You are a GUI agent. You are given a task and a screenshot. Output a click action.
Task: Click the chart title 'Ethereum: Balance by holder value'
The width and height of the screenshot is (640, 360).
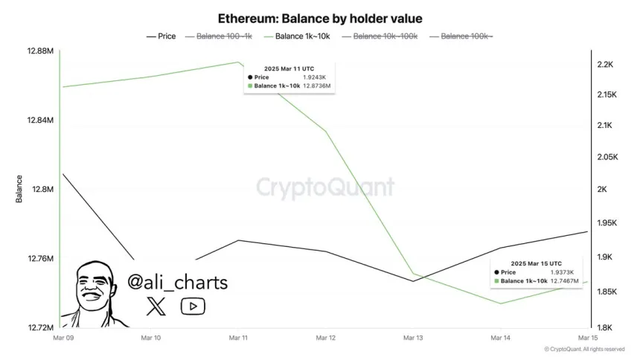(319, 18)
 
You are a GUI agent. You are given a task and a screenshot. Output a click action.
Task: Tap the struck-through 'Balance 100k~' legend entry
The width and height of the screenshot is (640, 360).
(467, 36)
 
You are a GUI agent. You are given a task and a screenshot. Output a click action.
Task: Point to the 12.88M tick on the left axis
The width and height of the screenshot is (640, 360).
(41, 51)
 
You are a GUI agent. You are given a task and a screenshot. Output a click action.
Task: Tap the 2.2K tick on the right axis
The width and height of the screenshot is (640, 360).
(605, 65)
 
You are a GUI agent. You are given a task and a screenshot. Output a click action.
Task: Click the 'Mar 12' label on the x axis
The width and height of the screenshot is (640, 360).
(325, 338)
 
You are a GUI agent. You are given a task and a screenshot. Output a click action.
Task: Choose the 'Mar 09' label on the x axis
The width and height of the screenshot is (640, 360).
(63, 338)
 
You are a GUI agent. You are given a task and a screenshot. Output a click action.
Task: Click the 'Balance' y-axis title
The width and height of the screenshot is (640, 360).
(19, 189)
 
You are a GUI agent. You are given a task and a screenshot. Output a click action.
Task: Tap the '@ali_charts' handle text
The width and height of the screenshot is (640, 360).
(177, 282)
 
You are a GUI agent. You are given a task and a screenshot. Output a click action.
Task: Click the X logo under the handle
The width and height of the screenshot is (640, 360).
(156, 305)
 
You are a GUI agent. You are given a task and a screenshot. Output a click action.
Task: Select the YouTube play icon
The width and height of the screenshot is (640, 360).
(193, 306)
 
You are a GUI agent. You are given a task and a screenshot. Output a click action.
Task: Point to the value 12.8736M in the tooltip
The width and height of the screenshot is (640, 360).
(317, 86)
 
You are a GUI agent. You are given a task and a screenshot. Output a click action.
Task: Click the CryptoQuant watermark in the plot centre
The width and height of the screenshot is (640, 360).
(325, 187)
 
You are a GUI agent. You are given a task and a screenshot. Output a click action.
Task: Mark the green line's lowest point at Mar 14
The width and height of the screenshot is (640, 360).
(500, 303)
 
